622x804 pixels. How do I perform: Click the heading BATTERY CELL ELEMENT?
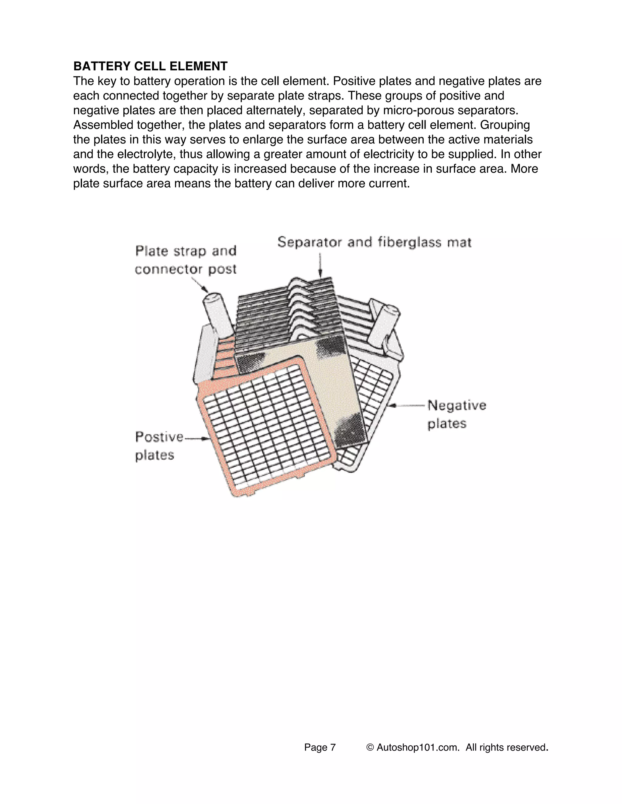150,66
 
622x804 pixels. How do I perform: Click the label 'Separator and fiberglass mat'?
374,242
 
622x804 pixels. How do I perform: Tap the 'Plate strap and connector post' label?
186,260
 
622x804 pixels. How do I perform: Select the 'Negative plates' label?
456,414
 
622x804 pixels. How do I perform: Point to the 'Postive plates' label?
159,446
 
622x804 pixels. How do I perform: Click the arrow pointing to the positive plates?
198,438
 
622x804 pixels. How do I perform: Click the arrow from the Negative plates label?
407,405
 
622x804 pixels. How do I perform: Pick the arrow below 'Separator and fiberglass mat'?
320,265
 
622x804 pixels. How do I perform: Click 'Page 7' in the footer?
320,747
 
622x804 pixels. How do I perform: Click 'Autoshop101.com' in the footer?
418,747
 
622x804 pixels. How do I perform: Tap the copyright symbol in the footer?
370,747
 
